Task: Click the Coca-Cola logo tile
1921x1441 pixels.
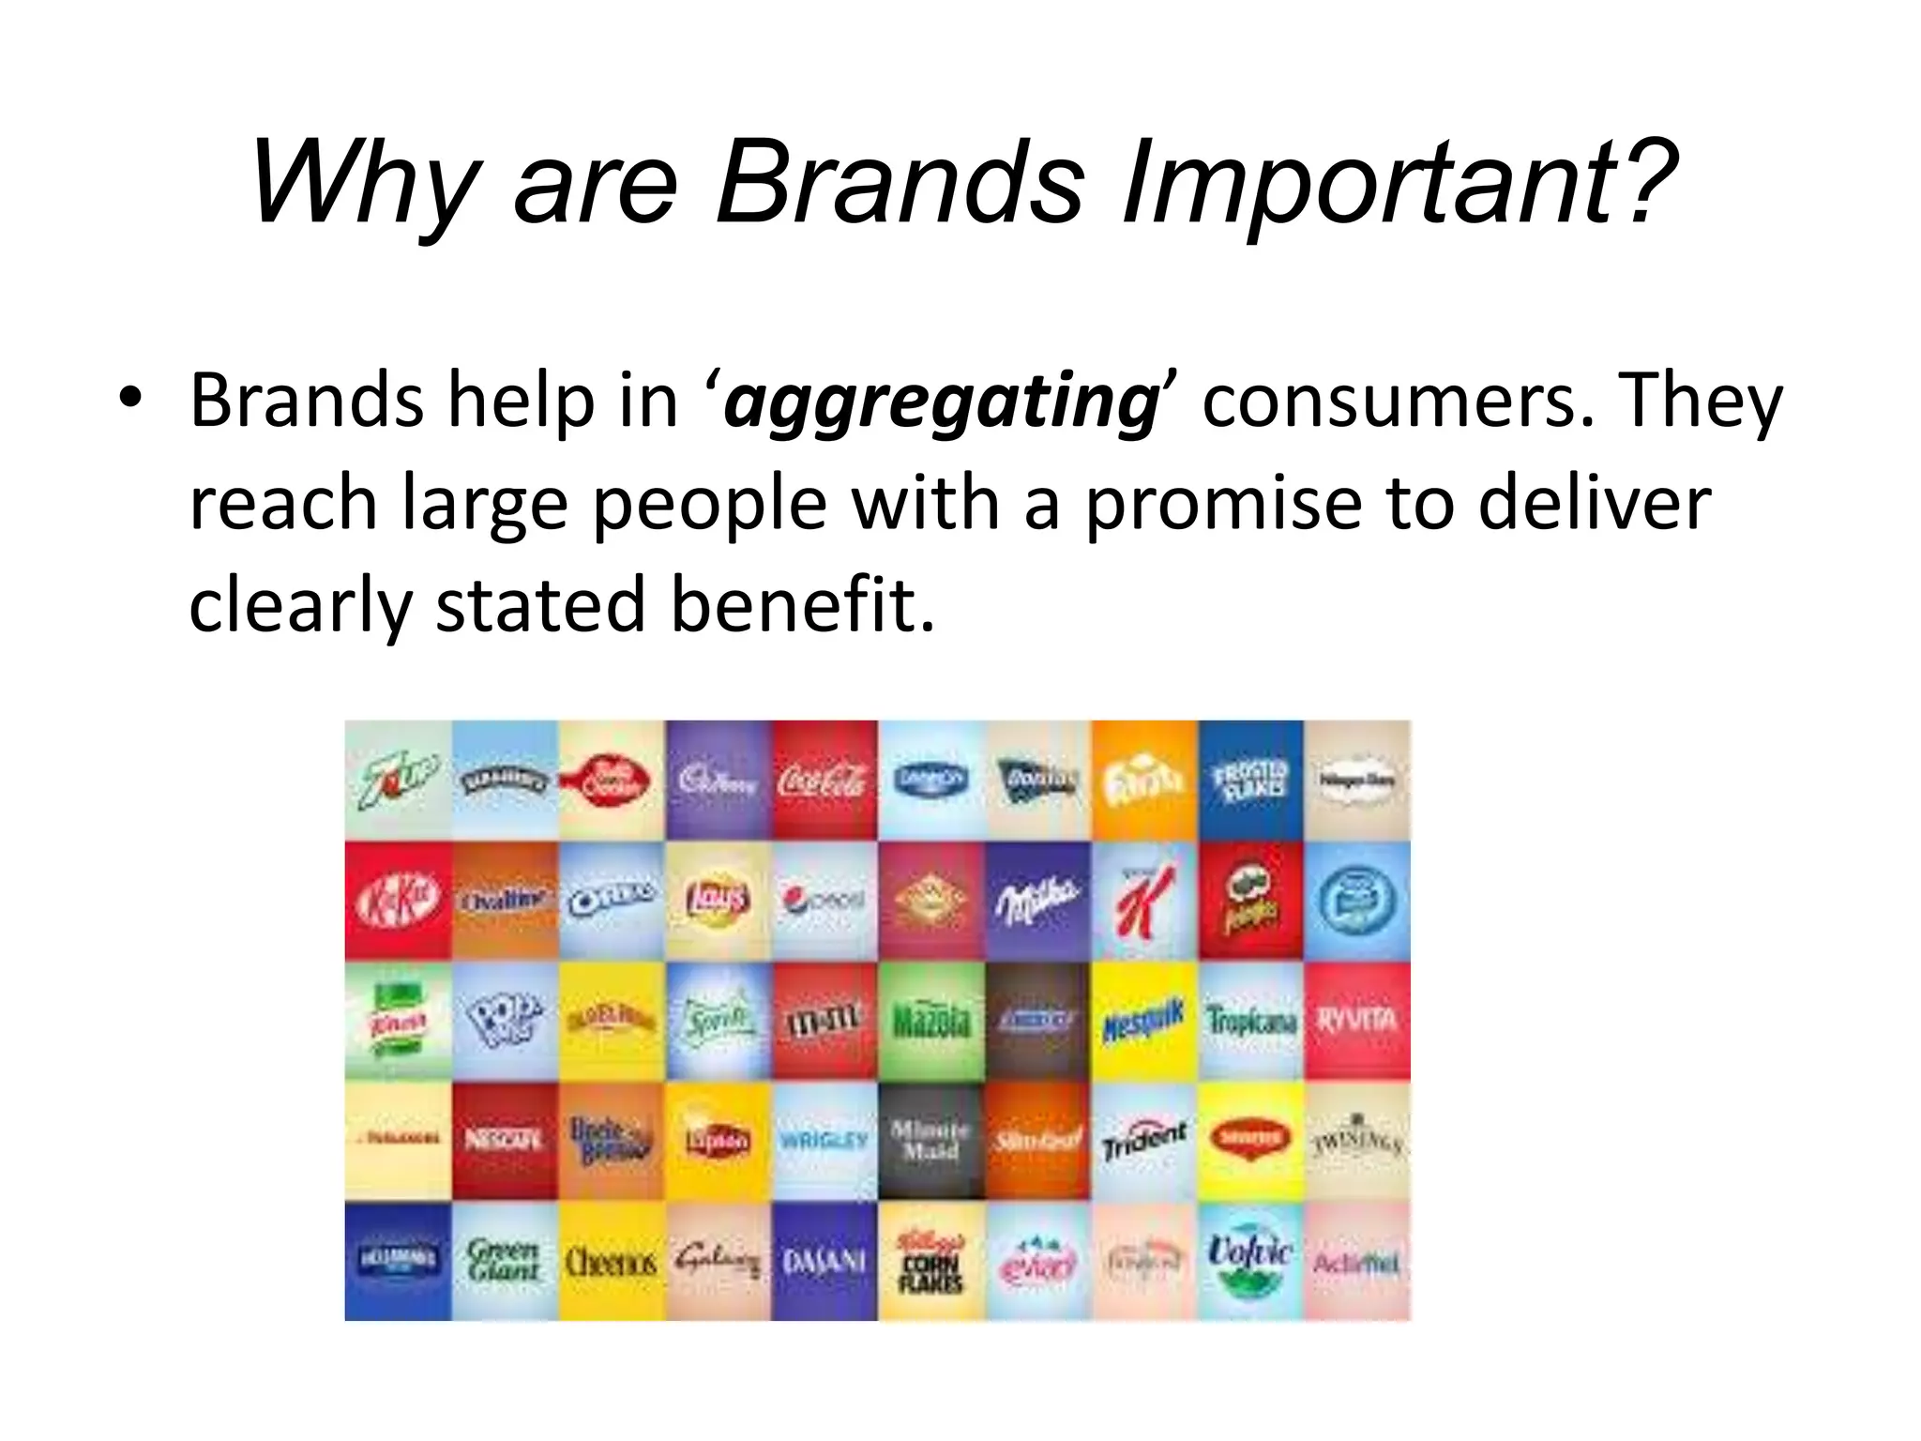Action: coord(824,781)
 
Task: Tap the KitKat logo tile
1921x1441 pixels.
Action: coord(398,901)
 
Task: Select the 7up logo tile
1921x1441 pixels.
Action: coord(398,781)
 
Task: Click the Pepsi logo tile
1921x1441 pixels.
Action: coord(824,901)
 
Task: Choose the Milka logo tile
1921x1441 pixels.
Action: coord(1037,901)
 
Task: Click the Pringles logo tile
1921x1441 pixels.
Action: coord(1250,901)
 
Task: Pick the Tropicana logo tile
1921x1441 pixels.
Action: coord(1250,1021)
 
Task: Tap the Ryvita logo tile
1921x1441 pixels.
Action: coord(1357,1021)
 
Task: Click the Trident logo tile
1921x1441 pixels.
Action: coord(1143,1141)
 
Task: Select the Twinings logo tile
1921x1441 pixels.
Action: coord(1357,1141)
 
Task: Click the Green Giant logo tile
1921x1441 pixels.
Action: coord(505,1261)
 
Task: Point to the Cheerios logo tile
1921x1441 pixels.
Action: coord(612,1261)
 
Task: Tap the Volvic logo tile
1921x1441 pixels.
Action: coord(1250,1261)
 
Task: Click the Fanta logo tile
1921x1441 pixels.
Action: coord(1143,781)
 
